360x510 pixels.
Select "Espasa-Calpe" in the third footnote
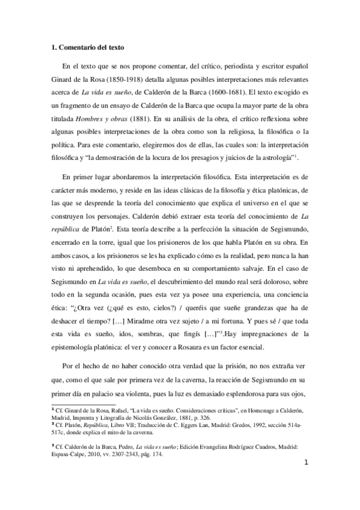coord(72,453)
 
